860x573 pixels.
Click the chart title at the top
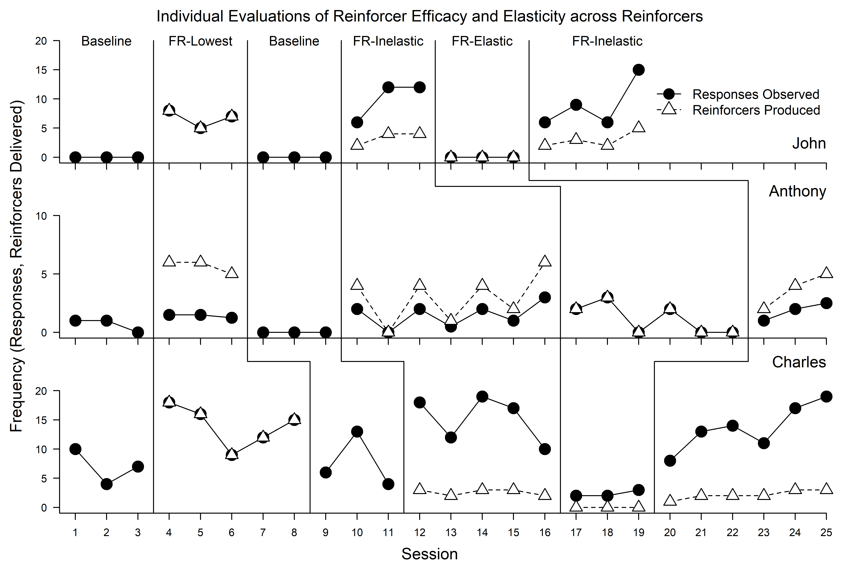point(430,16)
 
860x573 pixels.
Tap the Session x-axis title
point(430,554)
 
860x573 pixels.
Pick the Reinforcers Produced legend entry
point(756,110)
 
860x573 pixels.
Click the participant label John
point(809,143)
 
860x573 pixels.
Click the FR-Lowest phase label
point(200,41)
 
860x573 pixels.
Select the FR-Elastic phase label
point(482,41)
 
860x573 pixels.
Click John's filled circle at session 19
point(638,70)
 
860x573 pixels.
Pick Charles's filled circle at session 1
point(75,449)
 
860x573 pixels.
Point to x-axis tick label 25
point(826,533)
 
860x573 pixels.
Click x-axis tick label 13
point(451,533)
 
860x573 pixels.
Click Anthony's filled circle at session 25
point(826,303)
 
